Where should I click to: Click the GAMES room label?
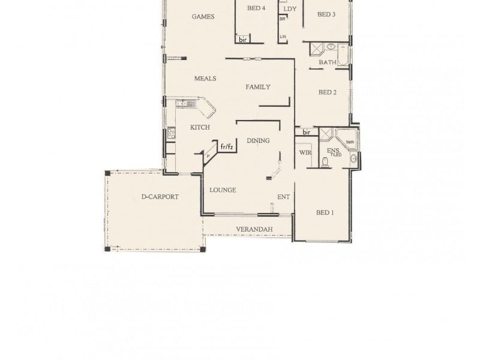point(203,17)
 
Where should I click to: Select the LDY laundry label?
point(290,9)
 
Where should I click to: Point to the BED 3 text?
point(326,14)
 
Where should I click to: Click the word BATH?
point(327,62)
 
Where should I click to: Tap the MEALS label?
point(205,79)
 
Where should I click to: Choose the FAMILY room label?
point(258,87)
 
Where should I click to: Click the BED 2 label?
point(327,92)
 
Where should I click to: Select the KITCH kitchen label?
point(200,127)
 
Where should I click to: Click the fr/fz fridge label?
point(226,146)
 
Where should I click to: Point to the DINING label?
point(258,140)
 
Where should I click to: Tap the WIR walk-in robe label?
point(305,152)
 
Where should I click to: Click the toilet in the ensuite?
point(326,161)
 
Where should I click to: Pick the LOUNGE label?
point(223,190)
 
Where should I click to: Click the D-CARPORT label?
point(160,197)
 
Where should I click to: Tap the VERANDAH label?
point(254,229)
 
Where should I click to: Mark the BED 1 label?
point(325,212)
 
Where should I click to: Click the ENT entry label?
point(284,196)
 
